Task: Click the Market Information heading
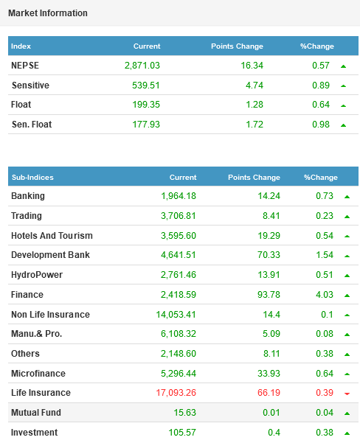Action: [x=48, y=13]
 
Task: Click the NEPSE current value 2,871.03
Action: [x=142, y=66]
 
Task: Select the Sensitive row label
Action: [x=30, y=85]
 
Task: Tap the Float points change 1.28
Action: [x=255, y=105]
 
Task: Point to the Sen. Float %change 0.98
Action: [x=321, y=124]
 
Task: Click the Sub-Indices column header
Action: [x=32, y=178]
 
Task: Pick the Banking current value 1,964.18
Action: [x=179, y=196]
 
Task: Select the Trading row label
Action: [x=27, y=215]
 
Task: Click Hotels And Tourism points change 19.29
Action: [x=269, y=235]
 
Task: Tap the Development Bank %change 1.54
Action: [x=325, y=255]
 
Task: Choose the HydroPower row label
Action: [x=37, y=275]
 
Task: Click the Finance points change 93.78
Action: [x=269, y=295]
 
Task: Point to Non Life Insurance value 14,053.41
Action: [x=176, y=314]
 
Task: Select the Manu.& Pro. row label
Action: [x=36, y=334]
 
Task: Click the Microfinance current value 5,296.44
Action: [x=179, y=374]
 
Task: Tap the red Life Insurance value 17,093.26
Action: [x=176, y=393]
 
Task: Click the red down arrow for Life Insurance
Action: [x=347, y=394]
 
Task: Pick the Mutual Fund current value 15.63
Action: [x=184, y=413]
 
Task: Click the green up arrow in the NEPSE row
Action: [x=343, y=66]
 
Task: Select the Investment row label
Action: [x=34, y=433]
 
